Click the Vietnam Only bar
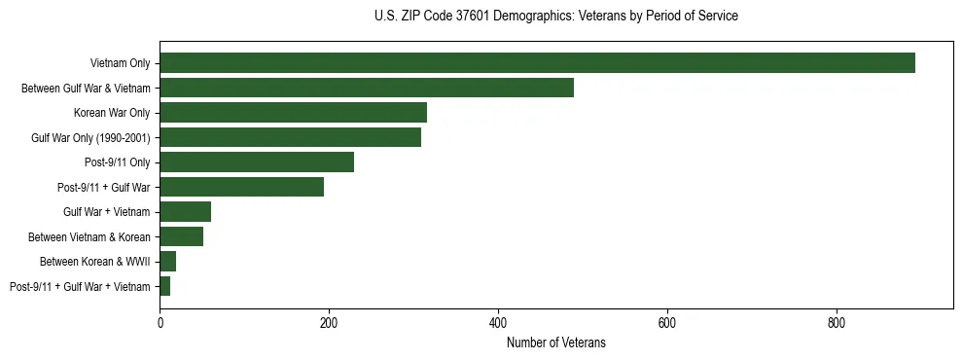coord(537,63)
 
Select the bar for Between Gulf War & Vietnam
coord(367,88)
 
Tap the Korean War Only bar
coord(293,113)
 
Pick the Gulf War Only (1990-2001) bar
coord(290,137)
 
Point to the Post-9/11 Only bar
coord(257,162)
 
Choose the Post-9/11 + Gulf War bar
coord(241,187)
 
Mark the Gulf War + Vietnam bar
coord(185,212)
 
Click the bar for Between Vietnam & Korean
coord(181,236)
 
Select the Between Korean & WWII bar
coord(167,262)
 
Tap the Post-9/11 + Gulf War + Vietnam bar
coord(164,286)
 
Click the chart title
coord(555,17)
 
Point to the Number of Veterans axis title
coord(555,342)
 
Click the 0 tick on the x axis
coord(160,322)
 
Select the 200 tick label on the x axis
coord(329,322)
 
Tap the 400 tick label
coord(498,322)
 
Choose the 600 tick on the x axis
coord(667,322)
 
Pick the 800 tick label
coord(837,322)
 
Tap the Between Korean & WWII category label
coord(94,262)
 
